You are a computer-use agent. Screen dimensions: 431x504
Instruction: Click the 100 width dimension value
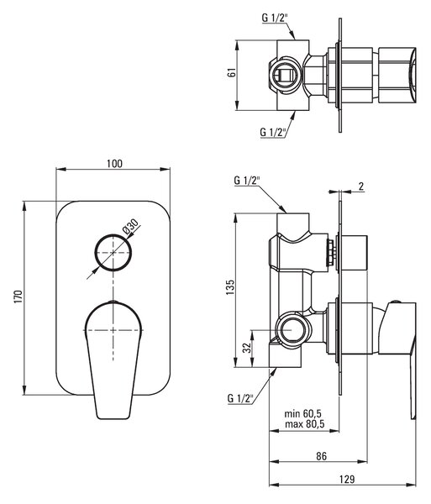[114, 164]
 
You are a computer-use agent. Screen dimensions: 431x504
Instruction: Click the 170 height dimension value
[18, 297]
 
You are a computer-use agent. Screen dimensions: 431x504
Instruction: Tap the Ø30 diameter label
[130, 226]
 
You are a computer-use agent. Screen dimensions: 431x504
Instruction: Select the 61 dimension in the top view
[232, 72]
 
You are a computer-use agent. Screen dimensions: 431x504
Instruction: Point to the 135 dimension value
[230, 287]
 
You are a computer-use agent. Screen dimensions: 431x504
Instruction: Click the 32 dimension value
[246, 348]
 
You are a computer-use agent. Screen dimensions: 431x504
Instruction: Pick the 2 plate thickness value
[361, 186]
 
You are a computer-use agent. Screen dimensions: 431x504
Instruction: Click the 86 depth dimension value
[321, 456]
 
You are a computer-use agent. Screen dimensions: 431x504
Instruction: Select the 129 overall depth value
[347, 480]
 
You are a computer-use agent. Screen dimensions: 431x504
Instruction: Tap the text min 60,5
[303, 413]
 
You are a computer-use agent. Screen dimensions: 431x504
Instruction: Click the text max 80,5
[304, 424]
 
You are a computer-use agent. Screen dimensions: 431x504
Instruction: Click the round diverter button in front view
[113, 252]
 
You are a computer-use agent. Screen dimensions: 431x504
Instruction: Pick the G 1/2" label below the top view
[273, 132]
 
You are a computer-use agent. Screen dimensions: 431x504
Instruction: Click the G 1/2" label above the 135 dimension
[247, 181]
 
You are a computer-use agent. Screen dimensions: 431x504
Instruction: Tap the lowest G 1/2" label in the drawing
[240, 398]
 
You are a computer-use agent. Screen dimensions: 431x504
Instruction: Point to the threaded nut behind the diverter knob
[331, 252]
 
